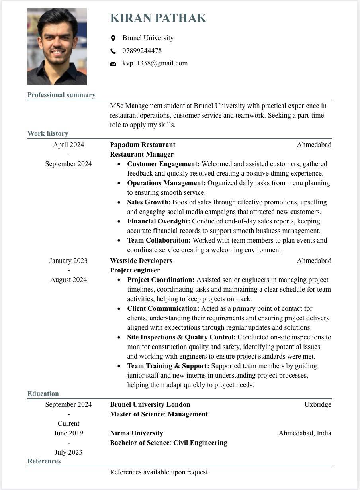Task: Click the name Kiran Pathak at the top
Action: tap(158, 18)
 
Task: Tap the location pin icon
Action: tap(113, 38)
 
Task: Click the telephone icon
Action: tap(113, 51)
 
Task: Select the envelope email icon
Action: tap(113, 64)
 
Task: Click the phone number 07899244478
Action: tap(142, 51)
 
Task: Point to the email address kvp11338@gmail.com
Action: tap(155, 63)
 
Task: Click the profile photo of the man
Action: tap(57, 47)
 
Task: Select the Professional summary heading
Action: tap(61, 95)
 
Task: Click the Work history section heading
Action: tap(48, 133)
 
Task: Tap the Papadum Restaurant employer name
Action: tap(143, 145)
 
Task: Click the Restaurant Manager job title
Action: tap(142, 154)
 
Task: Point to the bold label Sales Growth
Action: tap(149, 202)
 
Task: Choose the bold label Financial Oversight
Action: tap(158, 221)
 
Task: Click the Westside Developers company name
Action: tap(141, 261)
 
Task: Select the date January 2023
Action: tap(68, 261)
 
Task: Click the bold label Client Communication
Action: tap(163, 308)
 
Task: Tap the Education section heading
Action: tap(43, 394)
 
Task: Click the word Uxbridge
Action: tap(318, 404)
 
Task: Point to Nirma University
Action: tap(137, 433)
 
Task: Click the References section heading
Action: tap(44, 461)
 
